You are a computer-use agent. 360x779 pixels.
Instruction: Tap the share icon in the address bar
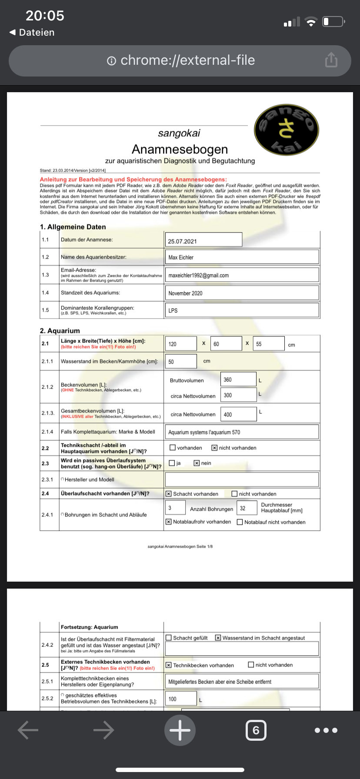tap(331, 60)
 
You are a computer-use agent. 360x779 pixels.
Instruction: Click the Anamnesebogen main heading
tap(180, 149)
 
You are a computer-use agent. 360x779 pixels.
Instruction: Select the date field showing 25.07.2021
tap(203, 240)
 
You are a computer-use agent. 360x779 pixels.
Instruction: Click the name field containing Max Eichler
tap(242, 257)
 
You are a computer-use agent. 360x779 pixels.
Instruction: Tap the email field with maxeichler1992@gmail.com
tap(242, 275)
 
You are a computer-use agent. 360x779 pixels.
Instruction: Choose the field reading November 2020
tap(242, 293)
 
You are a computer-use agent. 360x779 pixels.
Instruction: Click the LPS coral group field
tap(242, 310)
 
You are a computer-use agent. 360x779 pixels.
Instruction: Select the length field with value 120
tap(181, 344)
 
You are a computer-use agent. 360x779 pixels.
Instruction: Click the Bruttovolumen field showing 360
tap(238, 380)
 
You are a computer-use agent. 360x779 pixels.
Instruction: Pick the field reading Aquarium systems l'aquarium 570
tap(242, 432)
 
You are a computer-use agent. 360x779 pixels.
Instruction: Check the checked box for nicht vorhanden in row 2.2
tap(214, 448)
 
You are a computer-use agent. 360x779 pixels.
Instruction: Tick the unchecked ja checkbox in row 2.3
tap(172, 463)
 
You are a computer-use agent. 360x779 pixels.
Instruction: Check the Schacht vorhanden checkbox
tap(169, 494)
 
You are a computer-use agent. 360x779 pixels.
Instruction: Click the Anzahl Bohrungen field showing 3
tap(175, 508)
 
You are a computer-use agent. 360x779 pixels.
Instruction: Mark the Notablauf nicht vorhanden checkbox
tap(240, 522)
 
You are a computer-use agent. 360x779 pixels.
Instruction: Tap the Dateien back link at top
tap(32, 32)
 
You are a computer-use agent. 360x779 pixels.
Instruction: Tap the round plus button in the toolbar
tap(180, 730)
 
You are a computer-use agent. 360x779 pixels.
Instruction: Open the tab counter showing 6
tap(256, 730)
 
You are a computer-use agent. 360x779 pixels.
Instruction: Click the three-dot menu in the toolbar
tap(326, 730)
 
